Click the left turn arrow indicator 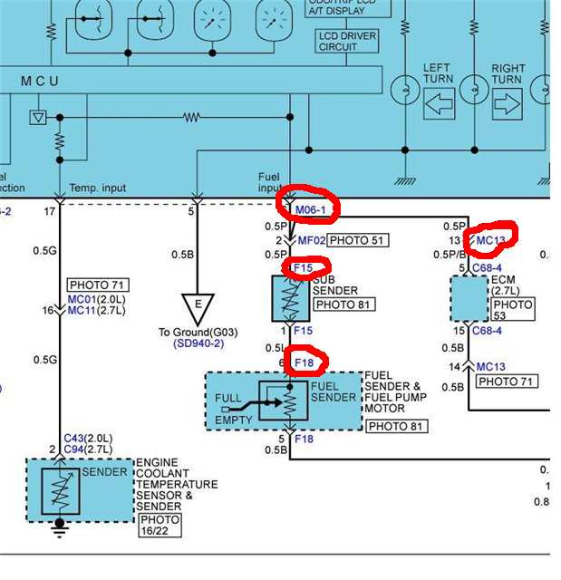click(x=438, y=102)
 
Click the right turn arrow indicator click(x=507, y=102)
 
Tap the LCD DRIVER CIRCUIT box click(x=347, y=42)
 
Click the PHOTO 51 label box click(x=356, y=240)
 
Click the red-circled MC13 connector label click(x=490, y=239)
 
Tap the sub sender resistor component click(x=290, y=299)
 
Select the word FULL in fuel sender click(x=227, y=398)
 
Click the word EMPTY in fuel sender click(x=233, y=420)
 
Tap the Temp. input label click(x=98, y=188)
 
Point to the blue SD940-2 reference click(x=198, y=344)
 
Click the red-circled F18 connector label click(x=304, y=363)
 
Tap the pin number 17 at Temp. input click(x=51, y=211)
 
